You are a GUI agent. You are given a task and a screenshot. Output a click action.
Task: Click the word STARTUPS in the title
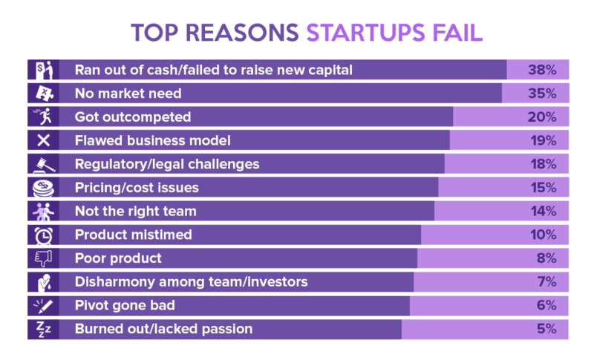pos(365,33)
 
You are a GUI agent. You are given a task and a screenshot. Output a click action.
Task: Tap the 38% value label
pos(542,70)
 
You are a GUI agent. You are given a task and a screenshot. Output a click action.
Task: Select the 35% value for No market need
pos(542,94)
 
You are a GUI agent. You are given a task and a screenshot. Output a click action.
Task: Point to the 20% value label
pos(542,117)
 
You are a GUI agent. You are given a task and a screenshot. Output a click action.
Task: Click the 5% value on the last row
pos(546,329)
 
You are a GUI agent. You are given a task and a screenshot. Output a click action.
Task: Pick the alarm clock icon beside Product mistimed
pos(44,235)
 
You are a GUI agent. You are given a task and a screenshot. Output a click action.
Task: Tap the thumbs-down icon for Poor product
pos(44,258)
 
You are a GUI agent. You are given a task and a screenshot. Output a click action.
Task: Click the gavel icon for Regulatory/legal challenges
pos(44,165)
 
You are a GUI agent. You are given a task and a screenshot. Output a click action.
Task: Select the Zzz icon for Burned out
pos(43,330)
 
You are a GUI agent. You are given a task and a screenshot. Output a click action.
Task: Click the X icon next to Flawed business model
pos(44,140)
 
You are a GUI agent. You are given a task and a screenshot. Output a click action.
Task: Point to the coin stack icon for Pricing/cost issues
pos(43,188)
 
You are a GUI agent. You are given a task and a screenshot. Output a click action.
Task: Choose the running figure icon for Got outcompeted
pos(43,117)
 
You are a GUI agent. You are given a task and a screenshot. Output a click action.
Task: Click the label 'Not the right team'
pos(136,212)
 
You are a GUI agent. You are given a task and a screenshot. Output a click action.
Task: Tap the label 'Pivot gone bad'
pos(125,306)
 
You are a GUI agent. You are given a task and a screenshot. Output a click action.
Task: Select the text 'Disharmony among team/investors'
pos(192,282)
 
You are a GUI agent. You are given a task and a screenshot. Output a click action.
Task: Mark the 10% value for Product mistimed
pos(544,235)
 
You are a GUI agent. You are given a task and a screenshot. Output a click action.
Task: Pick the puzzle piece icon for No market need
pos(45,94)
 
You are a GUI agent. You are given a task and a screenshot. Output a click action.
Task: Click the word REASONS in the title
pos(242,33)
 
